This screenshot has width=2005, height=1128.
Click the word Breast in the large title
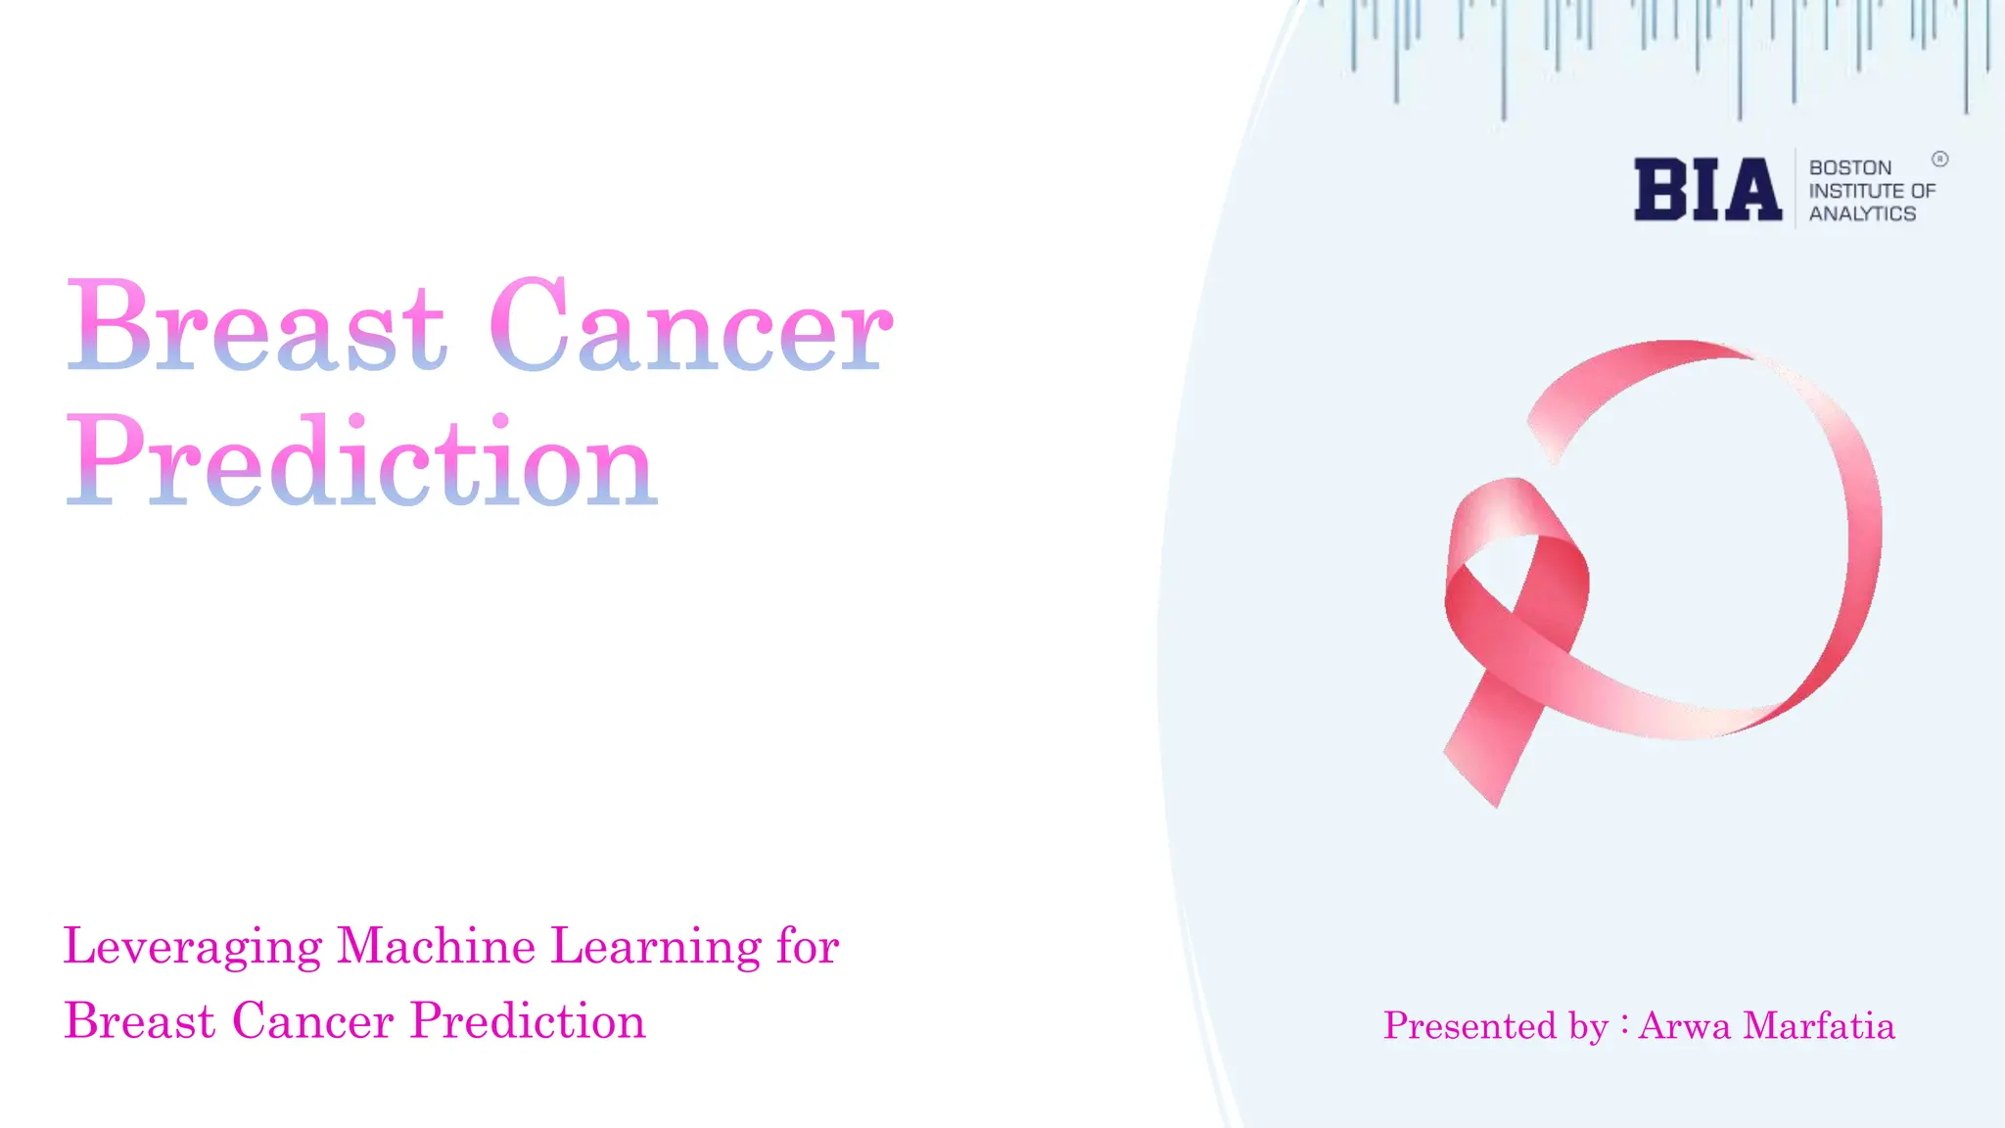(x=256, y=327)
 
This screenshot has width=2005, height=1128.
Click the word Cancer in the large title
(x=691, y=327)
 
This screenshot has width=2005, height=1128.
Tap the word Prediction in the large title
(x=360, y=462)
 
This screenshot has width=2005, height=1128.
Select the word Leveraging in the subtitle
(x=193, y=948)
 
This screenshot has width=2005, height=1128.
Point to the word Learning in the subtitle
(x=655, y=948)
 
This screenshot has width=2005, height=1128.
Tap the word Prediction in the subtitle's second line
(x=528, y=1021)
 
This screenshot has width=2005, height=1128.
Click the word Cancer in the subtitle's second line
(x=313, y=1021)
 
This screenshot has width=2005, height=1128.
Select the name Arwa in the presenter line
(x=1684, y=1026)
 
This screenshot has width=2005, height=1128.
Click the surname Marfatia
(x=1819, y=1026)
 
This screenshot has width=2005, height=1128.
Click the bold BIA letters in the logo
(x=1707, y=190)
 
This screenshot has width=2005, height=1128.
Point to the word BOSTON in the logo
(x=1849, y=167)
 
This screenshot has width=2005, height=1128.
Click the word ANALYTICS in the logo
(x=1861, y=213)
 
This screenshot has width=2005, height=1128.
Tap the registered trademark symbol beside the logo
(x=1939, y=159)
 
